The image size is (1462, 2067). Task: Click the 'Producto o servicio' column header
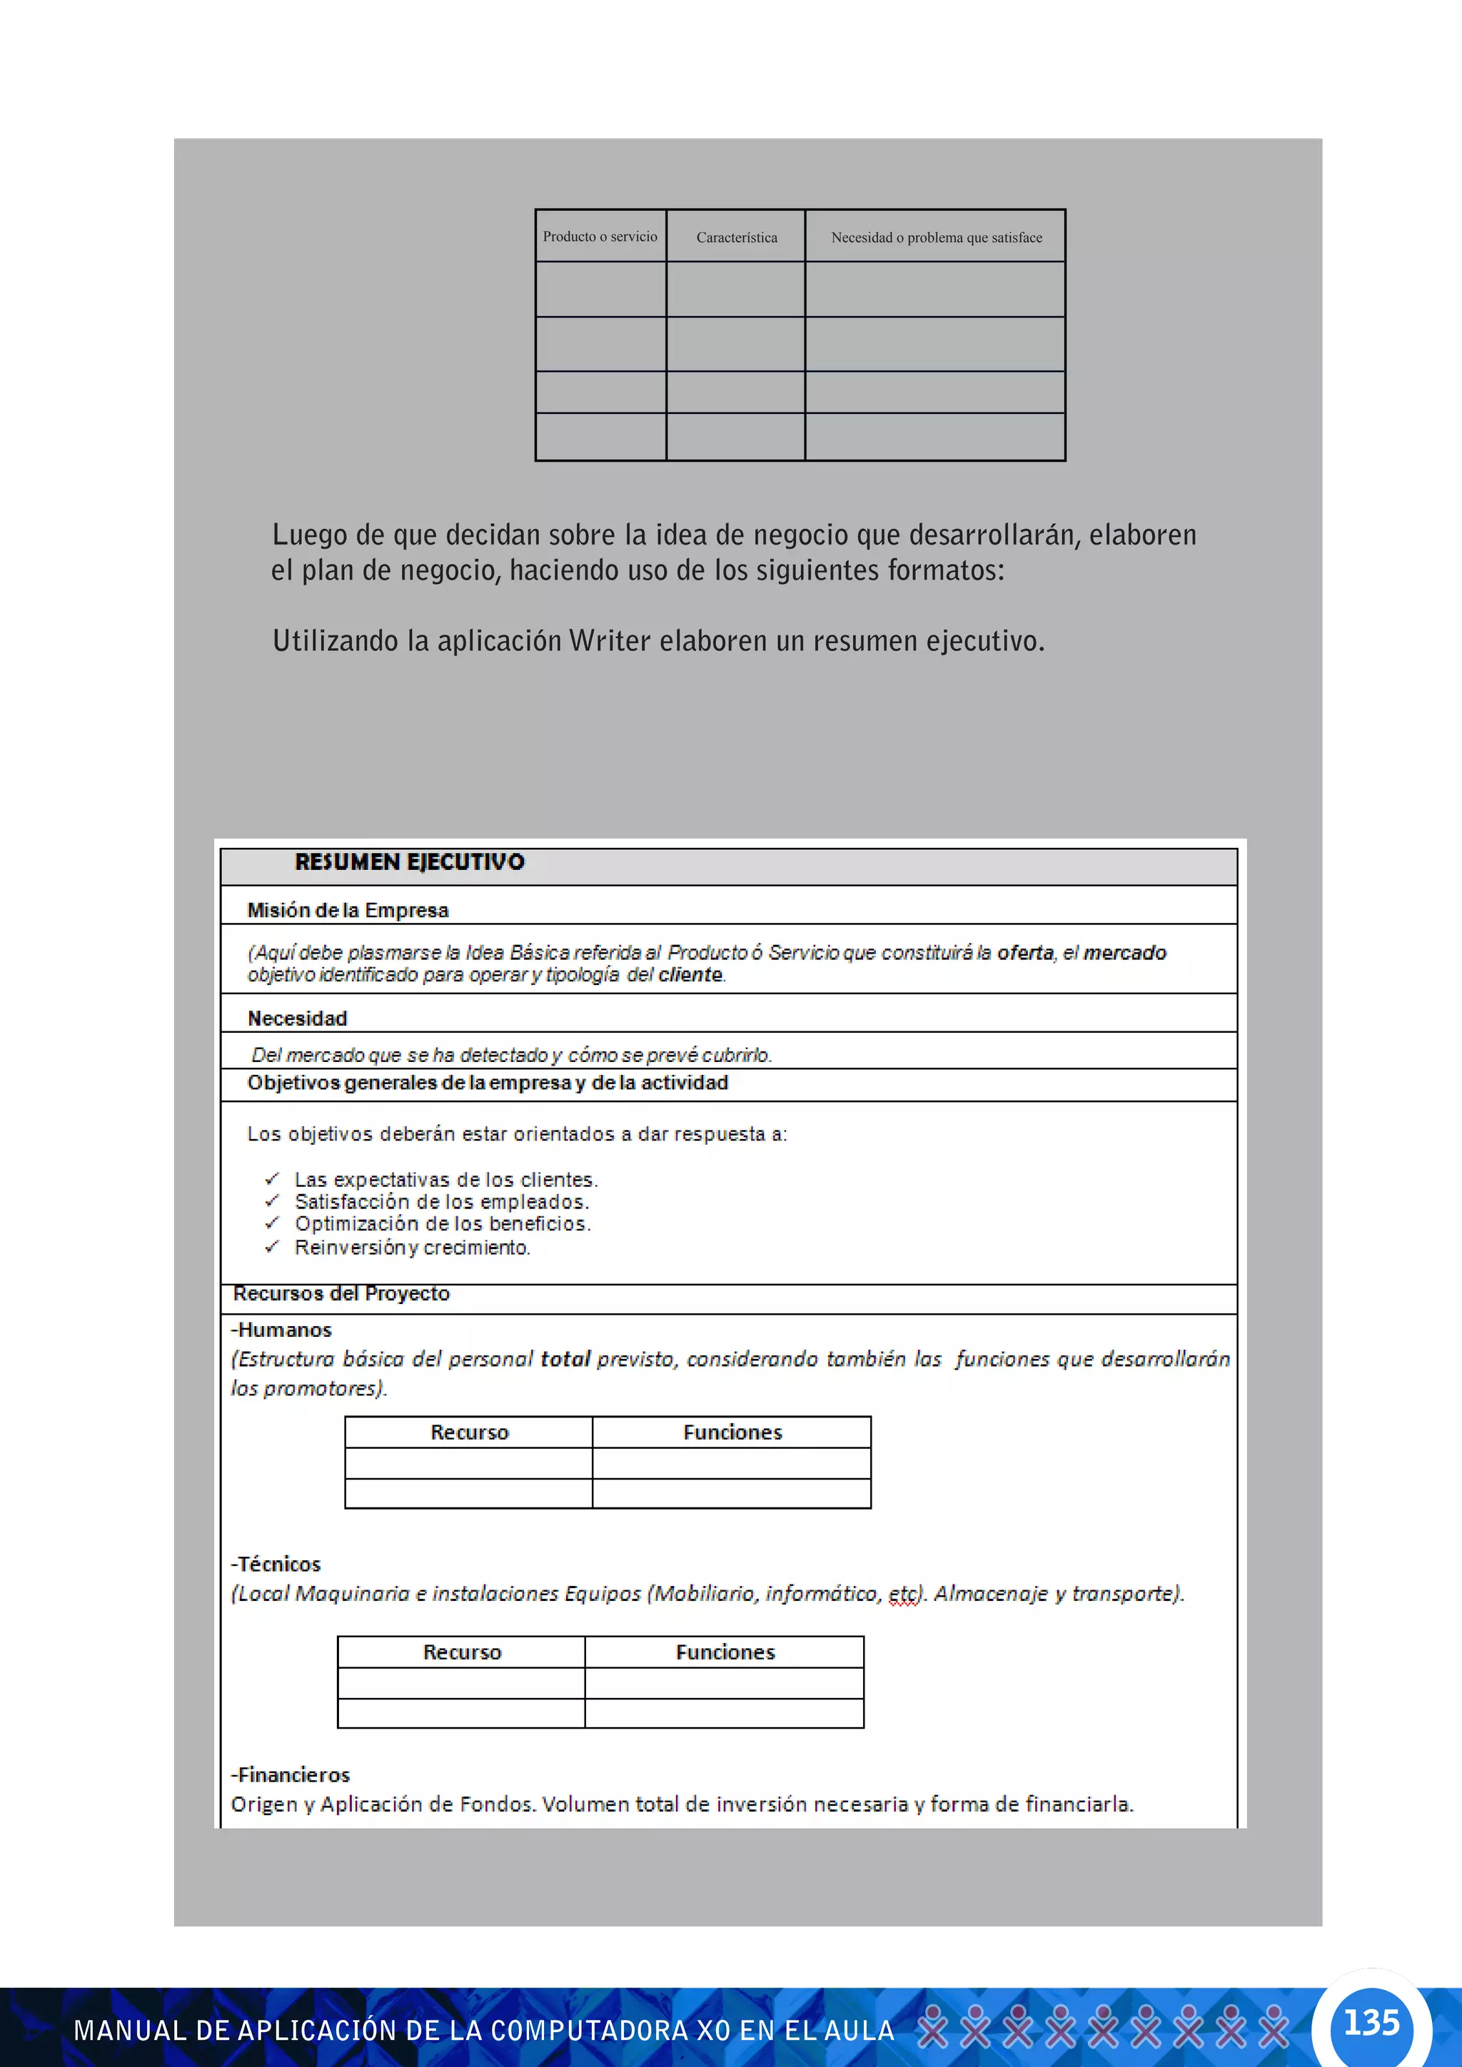pos(600,237)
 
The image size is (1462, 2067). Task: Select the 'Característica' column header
pos(737,238)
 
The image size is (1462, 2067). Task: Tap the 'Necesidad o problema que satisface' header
pos(937,238)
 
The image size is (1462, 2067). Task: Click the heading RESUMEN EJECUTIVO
pos(410,862)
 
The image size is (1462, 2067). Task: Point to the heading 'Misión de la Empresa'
pos(348,910)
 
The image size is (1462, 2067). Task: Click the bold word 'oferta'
pos(1024,952)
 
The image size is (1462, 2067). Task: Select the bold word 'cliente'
pos(690,975)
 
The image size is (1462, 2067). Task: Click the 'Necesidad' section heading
pos(297,1019)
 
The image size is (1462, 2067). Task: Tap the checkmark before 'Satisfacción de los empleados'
pos(272,1201)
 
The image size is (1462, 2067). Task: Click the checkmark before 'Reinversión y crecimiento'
pos(272,1247)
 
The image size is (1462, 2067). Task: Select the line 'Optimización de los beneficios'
pos(442,1224)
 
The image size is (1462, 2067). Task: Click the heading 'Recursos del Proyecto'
pos(341,1294)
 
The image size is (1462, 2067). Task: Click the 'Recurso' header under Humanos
pos(469,1432)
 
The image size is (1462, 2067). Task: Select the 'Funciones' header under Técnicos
pos(725,1652)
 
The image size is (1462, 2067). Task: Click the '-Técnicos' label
pos(276,1564)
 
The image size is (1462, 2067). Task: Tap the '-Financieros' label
pos(290,1774)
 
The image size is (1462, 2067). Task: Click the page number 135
pos(1371,2022)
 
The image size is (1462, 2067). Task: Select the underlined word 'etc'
pos(904,1594)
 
